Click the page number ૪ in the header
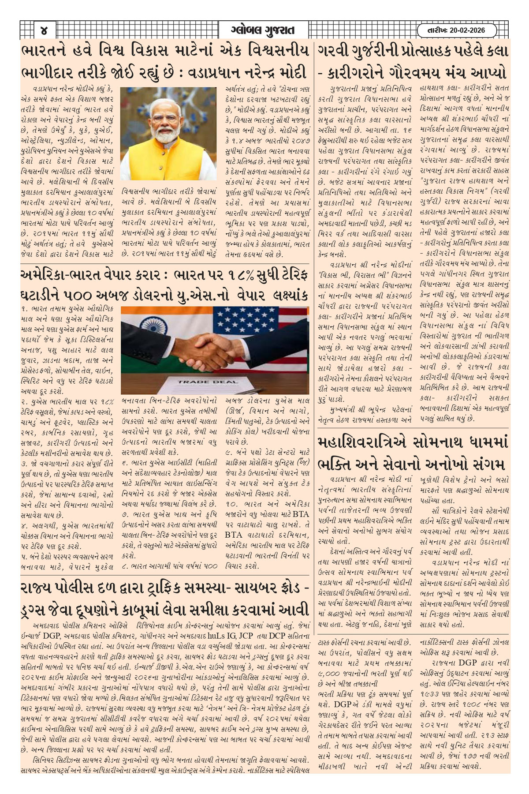(x=43, y=31)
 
